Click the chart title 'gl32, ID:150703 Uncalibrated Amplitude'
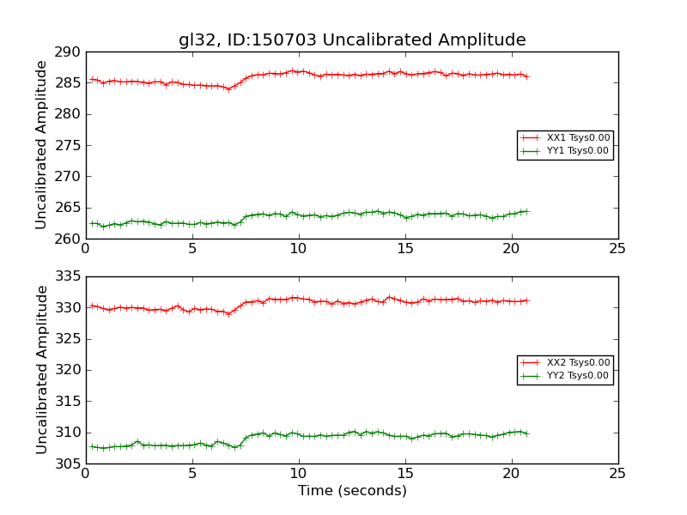coord(352,40)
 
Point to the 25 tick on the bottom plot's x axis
coord(617,474)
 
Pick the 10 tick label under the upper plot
coord(298,249)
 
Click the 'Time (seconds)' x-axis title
coord(352,491)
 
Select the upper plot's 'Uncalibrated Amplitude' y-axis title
coord(41,145)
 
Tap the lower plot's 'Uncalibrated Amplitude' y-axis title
coord(41,370)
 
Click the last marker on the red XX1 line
coord(526,76)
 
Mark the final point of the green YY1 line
coord(526,211)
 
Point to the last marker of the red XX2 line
coord(526,300)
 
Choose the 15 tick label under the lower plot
coord(404,474)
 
